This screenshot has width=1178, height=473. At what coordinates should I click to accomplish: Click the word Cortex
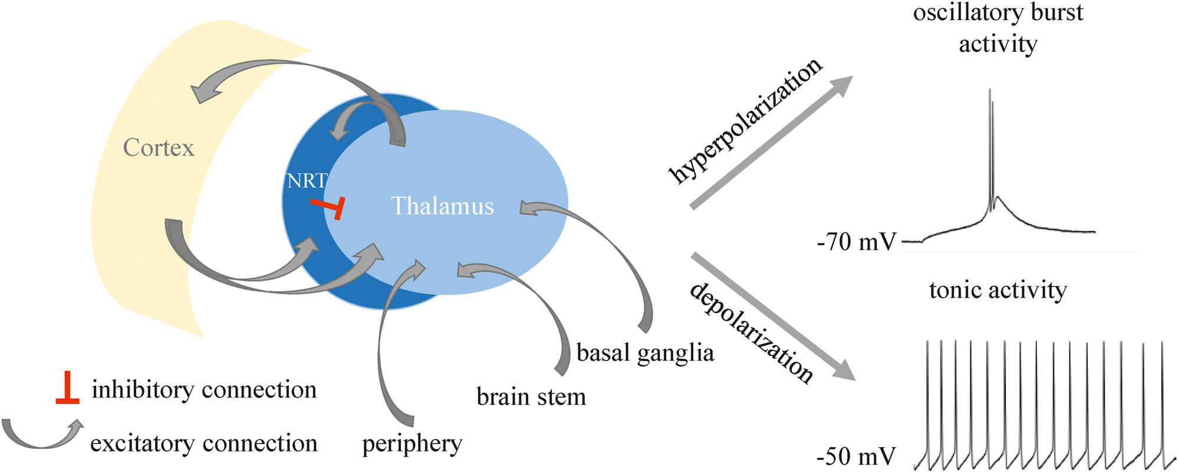point(159,147)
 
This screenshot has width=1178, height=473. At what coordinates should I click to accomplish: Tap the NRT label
point(306,180)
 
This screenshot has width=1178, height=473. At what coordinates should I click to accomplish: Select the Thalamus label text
point(442,206)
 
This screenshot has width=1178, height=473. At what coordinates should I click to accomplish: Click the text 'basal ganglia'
point(645,353)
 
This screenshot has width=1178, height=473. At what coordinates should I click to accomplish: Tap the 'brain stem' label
point(531,397)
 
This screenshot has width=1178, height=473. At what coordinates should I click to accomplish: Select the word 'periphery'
point(412,444)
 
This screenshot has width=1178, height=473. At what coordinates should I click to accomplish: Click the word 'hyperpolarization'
point(745,120)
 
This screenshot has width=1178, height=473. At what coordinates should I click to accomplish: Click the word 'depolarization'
point(752,333)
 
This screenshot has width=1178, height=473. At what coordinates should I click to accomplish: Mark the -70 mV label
point(856,242)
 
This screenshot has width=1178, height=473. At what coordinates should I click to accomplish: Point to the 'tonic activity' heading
point(998,290)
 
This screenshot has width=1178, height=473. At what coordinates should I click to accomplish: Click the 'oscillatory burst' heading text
point(998,13)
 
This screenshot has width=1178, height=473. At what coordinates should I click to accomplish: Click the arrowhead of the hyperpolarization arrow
point(843,86)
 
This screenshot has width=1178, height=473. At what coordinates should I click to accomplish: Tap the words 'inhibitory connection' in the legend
point(204,390)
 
